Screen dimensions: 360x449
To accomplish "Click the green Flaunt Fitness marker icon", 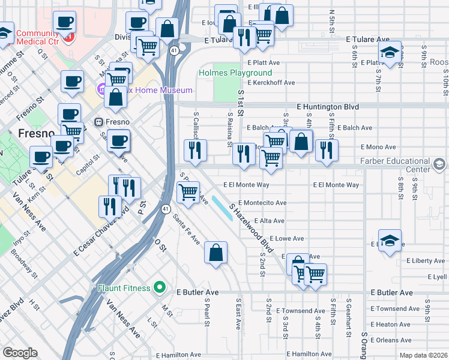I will pos(159,288).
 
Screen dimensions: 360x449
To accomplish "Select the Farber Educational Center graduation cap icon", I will pos(439,164).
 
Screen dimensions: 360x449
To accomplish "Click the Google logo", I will pos(20,353).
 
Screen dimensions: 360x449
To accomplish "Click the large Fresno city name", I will pos(37,133).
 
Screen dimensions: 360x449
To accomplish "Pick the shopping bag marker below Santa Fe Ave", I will pos(215,253).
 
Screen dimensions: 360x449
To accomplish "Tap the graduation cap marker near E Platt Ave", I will pos(390,53).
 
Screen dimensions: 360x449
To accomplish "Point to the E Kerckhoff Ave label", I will pos(271,82).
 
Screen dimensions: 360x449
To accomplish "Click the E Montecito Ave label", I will pos(262,203).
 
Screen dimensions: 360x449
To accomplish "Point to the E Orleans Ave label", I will pos(391,340).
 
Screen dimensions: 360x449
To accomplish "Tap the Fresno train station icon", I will pos(98,122).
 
